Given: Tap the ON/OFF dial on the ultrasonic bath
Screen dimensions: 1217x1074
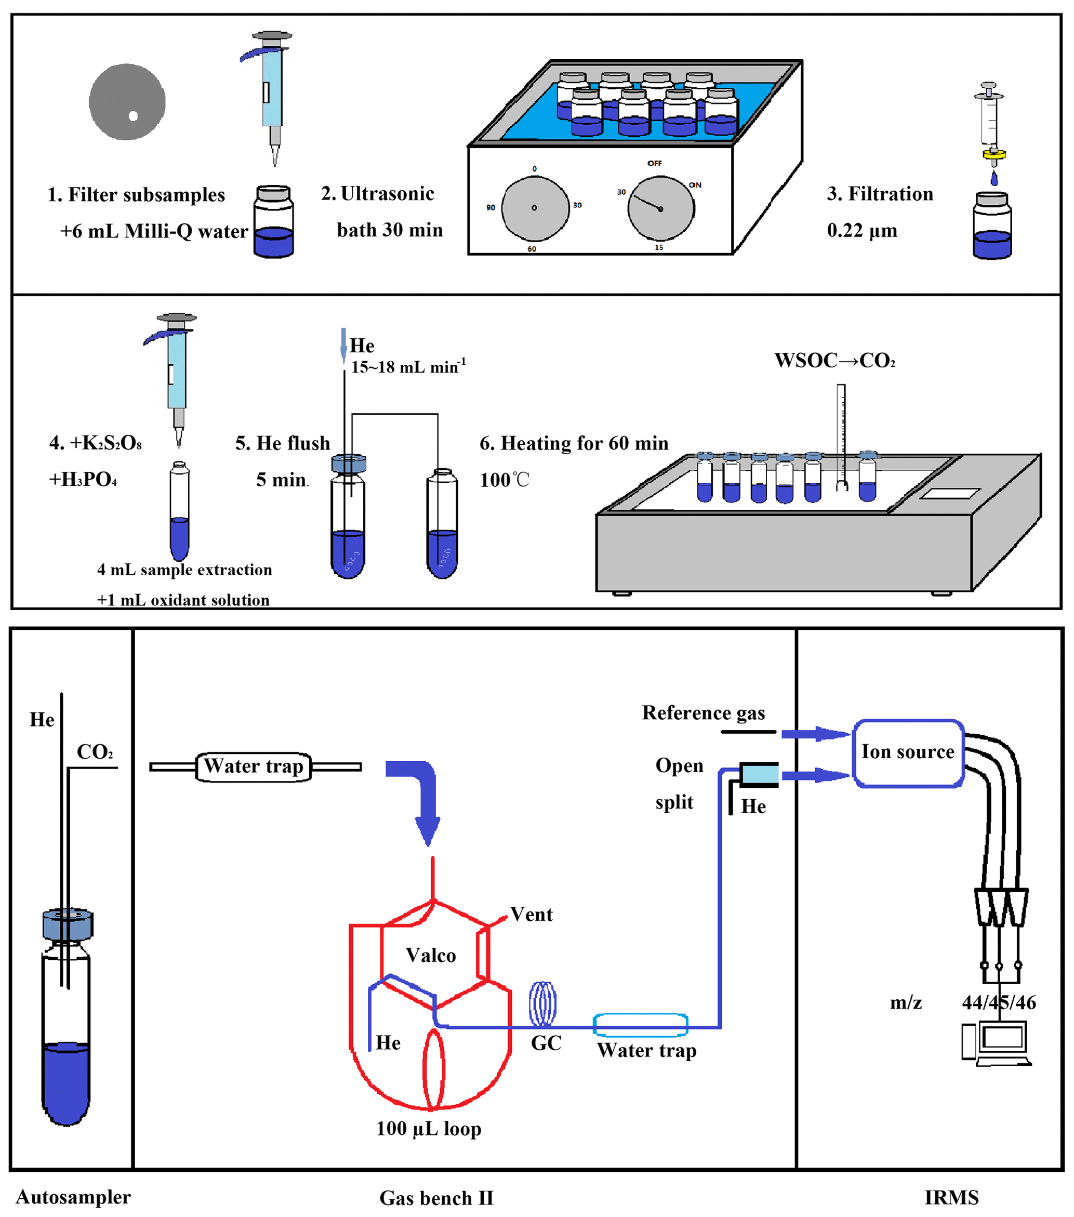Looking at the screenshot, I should pos(660,208).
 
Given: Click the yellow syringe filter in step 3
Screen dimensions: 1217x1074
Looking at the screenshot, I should pos(993,155).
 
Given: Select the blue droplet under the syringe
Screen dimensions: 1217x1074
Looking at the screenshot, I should pos(993,178).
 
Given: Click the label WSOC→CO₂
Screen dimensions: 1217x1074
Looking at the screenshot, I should pos(834,361).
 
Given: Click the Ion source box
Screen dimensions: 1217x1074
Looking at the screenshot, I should pos(908,752).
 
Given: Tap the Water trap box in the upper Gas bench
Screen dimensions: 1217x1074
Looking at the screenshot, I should pos(254,766).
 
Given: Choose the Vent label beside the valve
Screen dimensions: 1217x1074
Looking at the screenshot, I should pos(531,915).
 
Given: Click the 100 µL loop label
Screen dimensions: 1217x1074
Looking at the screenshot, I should pos(429,1128).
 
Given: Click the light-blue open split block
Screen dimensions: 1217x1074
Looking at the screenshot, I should pos(760,775).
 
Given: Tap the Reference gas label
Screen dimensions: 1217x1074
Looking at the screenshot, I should pos(703,713).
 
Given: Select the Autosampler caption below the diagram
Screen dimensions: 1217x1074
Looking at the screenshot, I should pos(73,1197).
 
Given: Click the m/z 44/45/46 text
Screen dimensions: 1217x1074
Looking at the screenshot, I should pos(963,1003).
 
